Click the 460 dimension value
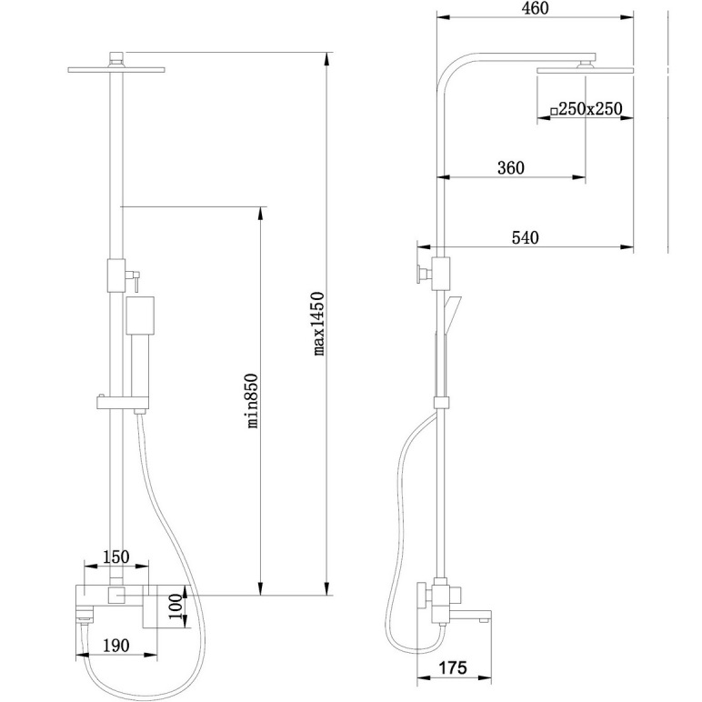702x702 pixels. pos(535,8)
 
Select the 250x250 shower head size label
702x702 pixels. pos(590,109)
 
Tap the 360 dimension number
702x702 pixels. pos(511,168)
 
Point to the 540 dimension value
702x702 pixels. pos(526,237)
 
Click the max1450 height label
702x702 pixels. pos(318,324)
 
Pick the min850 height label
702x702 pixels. pos(253,401)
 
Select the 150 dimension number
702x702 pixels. pos(116,557)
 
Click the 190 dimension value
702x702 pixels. pos(116,646)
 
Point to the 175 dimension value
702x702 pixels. pos(453,668)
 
